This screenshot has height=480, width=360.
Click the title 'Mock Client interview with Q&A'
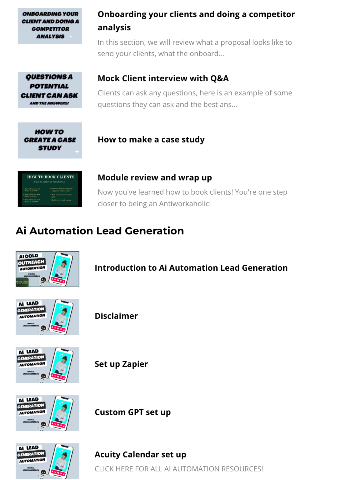click(x=163, y=78)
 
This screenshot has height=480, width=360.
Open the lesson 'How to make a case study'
click(x=151, y=140)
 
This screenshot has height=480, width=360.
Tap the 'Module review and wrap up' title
click(x=155, y=178)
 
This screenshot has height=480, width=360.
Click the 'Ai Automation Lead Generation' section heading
click(x=100, y=231)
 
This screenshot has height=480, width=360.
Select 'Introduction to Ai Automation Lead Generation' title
click(x=191, y=268)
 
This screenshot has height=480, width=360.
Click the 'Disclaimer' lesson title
click(x=116, y=316)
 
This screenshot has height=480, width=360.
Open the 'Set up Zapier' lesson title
click(x=121, y=364)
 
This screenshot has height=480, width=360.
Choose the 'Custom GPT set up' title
click(x=132, y=412)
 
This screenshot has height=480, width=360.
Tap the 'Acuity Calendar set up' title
click(x=140, y=455)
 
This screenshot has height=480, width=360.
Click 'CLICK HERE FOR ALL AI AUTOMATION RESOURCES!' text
click(x=179, y=469)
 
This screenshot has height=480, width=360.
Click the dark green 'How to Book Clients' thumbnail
click(x=50, y=189)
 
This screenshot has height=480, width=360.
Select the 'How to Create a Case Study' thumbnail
click(x=50, y=140)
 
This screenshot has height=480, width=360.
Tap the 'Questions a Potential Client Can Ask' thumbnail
click(x=50, y=90)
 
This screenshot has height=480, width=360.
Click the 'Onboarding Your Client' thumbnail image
click(x=50, y=26)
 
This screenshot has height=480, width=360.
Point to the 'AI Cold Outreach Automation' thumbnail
click(x=47, y=269)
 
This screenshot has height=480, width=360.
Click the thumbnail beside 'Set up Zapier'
click(x=47, y=365)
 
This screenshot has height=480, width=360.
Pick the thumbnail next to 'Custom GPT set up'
click(x=47, y=413)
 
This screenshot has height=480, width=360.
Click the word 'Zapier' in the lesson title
click(x=135, y=364)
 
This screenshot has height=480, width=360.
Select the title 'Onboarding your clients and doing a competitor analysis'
click(x=196, y=21)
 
